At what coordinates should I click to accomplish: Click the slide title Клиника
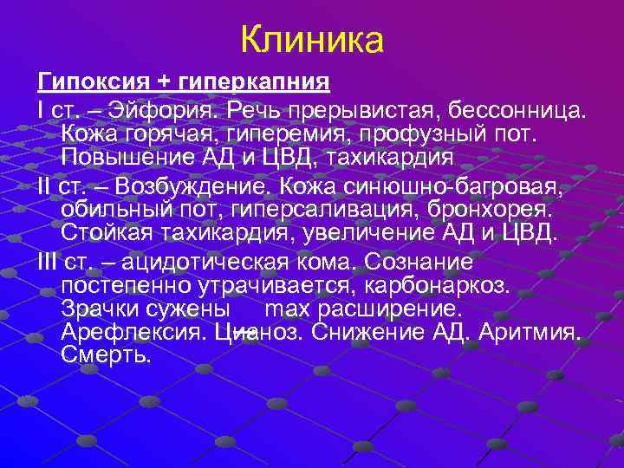coord(311,39)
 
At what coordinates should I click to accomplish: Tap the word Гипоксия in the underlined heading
coord(92,82)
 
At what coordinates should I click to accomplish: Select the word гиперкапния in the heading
coord(257,82)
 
